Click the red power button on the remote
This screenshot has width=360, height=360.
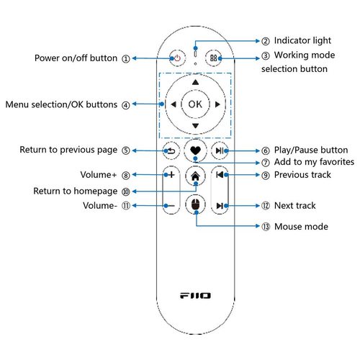coord(177,58)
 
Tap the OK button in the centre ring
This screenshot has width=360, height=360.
coord(195,104)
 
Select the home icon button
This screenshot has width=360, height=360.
coord(196,176)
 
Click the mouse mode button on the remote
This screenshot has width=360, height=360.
coord(196,204)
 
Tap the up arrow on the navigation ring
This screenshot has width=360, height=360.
coord(196,82)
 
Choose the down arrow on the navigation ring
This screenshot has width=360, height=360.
coord(196,126)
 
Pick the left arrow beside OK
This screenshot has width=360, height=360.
coord(174,104)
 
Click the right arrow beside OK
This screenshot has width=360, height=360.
coord(217,104)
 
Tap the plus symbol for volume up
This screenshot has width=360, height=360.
coord(171,175)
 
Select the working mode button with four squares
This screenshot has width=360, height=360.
coord(214,58)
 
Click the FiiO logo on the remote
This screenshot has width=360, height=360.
coord(195,295)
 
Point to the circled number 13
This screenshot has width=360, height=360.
coord(266,226)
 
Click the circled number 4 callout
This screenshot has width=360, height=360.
coord(126,105)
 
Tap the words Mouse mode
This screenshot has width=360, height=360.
coord(301,226)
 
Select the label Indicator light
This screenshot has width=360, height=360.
coord(302,40)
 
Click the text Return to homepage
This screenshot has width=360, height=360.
coord(75,191)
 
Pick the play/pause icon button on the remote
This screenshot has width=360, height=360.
coord(220,150)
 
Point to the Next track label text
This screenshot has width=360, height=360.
coord(295,205)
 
